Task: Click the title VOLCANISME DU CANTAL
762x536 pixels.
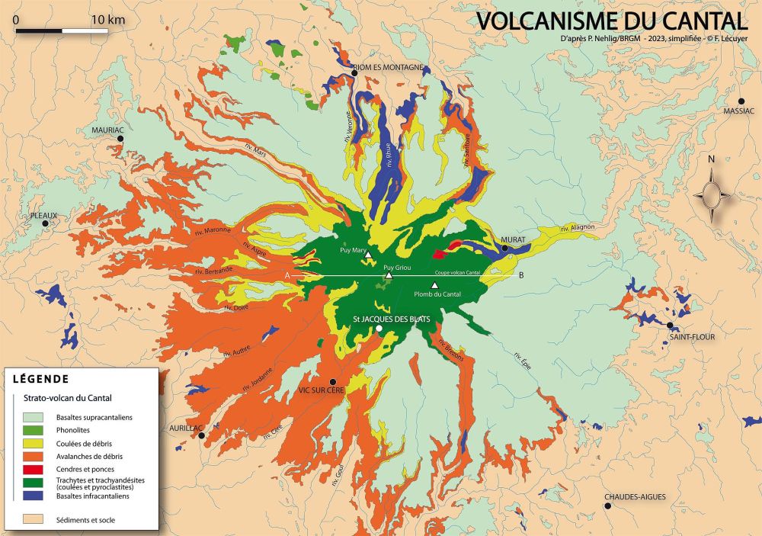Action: [612, 21]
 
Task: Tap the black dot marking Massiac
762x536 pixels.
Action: [741, 101]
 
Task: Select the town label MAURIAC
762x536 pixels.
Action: [107, 130]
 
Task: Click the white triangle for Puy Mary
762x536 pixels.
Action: [370, 256]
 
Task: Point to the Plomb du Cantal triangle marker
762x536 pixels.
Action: [435, 285]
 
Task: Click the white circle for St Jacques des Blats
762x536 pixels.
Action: [379, 329]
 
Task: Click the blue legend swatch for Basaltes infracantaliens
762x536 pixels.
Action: [34, 496]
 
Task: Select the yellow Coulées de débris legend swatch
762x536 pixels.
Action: [34, 444]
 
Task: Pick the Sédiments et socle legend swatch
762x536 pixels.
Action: [34, 520]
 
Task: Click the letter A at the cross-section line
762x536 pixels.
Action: [287, 275]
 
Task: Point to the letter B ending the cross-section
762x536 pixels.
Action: [521, 275]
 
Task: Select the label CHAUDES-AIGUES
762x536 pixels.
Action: [635, 497]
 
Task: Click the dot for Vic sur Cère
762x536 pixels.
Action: [331, 381]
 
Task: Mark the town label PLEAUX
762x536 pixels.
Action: [43, 216]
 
